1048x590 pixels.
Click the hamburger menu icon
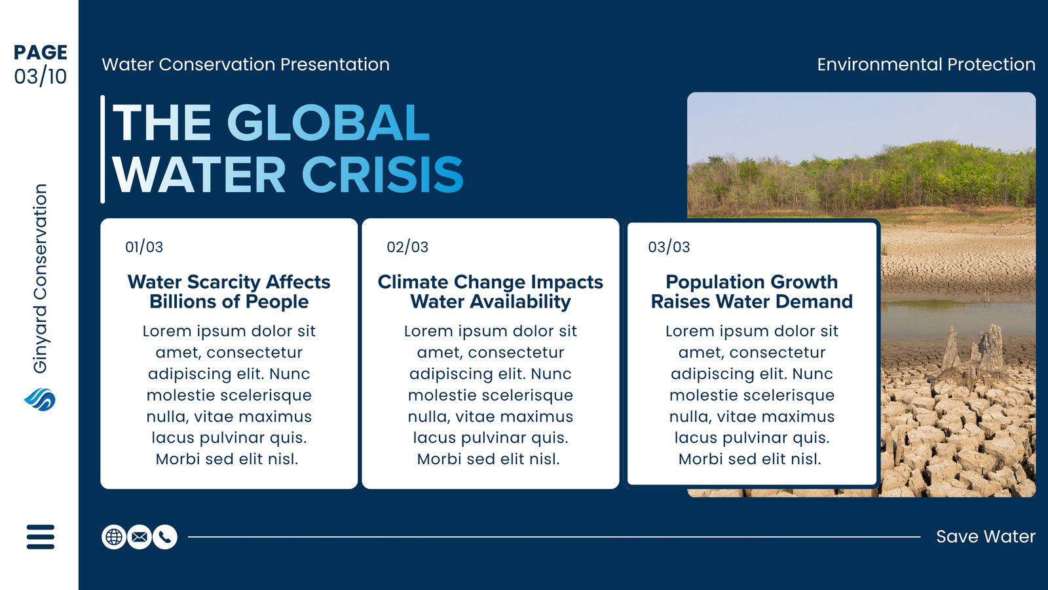41,537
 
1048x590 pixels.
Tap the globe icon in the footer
114,537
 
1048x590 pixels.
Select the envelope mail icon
140,537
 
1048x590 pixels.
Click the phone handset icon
165,537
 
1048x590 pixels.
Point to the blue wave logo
40,399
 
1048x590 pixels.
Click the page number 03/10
41,76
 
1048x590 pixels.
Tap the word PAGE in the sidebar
41,52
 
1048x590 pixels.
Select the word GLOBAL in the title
328,122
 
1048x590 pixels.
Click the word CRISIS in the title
383,174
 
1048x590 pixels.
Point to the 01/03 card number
144,246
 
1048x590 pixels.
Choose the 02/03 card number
407,246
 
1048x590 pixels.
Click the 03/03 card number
669,246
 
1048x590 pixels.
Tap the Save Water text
986,537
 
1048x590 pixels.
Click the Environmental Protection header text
926,64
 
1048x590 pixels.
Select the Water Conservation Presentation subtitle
246,64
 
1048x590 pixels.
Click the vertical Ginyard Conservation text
40,279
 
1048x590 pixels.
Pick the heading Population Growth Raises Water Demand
752,292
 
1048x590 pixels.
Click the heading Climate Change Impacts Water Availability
491,292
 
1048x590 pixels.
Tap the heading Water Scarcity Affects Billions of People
229,292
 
